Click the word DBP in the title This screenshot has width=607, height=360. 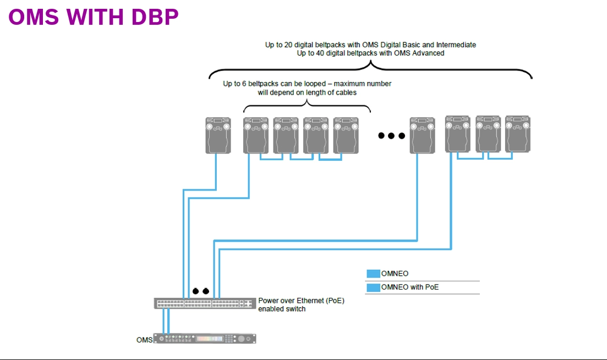155,17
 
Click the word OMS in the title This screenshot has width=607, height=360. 33,17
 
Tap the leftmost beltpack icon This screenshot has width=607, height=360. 218,135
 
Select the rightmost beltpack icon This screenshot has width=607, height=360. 518,134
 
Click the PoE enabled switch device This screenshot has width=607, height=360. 205,303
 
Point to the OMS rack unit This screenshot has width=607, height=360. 205,339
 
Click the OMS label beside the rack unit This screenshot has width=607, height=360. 144,340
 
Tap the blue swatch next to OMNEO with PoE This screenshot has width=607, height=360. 373,287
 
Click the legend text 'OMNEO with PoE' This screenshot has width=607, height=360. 410,287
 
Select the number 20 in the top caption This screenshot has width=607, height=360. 288,45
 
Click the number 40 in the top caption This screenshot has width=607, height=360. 320,53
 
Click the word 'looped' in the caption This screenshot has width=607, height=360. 315,84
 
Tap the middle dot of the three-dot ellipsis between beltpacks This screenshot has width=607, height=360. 391,136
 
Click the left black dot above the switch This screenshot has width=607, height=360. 196,291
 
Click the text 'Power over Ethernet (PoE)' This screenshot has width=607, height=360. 301,301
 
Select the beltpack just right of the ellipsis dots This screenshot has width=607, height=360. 422,135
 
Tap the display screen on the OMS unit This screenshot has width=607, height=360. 210,339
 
